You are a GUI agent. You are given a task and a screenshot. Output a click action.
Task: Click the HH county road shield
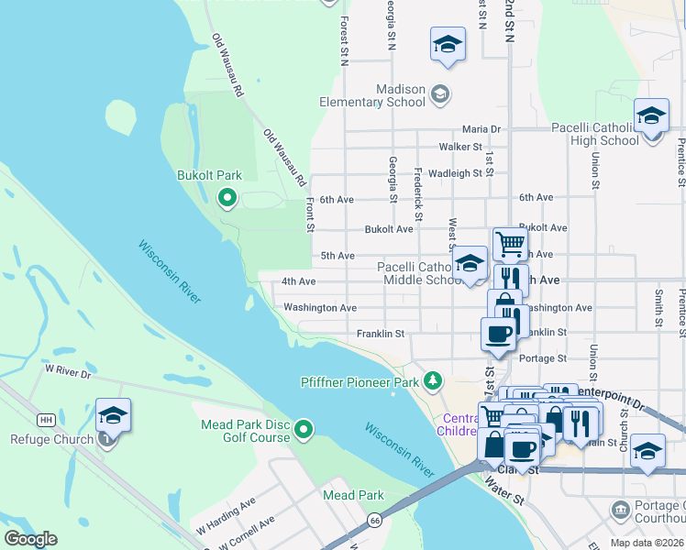pos(45,420)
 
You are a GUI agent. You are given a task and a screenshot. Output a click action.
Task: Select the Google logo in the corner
pos(30,539)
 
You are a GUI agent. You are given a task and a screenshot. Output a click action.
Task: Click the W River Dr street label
pos(69,372)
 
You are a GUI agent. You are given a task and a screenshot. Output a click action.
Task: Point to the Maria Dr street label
pos(481,129)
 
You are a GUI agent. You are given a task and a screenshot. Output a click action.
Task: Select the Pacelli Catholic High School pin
pos(651,116)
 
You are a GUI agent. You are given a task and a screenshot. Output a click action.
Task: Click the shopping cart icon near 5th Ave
pos(510,244)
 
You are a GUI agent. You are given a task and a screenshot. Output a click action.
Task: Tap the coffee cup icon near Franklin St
pos(499,334)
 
